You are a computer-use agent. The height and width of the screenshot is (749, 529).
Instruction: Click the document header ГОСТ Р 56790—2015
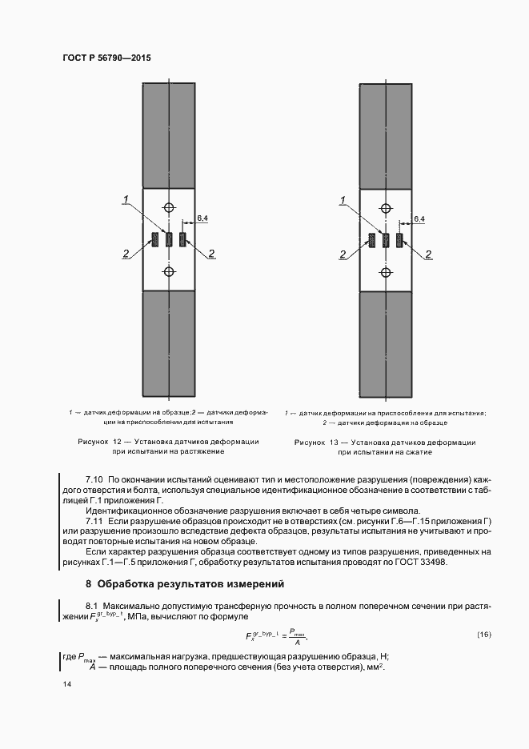point(106,58)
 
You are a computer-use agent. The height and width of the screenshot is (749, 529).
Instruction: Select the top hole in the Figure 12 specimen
point(168,207)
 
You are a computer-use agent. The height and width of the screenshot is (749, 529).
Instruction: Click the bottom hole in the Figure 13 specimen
point(386,272)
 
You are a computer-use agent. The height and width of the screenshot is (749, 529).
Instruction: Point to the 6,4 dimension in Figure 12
point(202,218)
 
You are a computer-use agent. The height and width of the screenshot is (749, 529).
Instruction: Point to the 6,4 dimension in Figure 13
point(419,218)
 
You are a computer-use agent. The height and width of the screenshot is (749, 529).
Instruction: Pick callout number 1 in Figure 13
point(343,199)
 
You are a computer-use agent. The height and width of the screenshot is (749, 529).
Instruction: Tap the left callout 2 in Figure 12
point(126,254)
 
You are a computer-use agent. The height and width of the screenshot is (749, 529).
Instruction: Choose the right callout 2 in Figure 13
point(428,254)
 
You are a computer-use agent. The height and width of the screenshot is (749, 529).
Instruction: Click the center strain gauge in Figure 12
point(168,239)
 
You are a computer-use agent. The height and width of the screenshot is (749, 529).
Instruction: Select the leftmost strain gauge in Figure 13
point(372,239)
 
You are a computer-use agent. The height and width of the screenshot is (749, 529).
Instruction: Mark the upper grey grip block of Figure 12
point(168,134)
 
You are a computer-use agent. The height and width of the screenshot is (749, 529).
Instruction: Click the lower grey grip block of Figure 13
point(386,345)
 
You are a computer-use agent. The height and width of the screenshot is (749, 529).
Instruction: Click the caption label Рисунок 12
point(98,441)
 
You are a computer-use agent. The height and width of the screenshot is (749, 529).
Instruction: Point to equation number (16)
point(483,635)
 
